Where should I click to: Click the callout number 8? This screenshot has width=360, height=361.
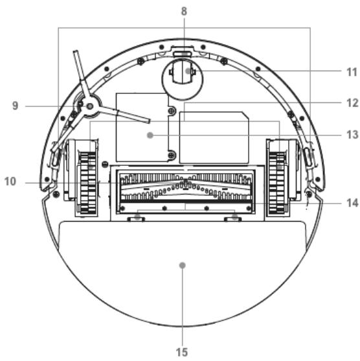(184, 11)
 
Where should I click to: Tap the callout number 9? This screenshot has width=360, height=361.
(15, 106)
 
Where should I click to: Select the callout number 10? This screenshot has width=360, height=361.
(10, 181)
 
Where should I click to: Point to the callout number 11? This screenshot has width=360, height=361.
(352, 73)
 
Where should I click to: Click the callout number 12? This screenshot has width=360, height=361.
(352, 103)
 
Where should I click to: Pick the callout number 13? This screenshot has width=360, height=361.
(352, 135)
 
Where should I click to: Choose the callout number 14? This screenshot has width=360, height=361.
(352, 203)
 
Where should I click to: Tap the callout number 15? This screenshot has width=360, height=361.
(182, 353)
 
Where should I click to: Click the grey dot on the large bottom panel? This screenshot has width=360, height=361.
(182, 266)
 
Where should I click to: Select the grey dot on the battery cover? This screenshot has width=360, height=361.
(150, 135)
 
